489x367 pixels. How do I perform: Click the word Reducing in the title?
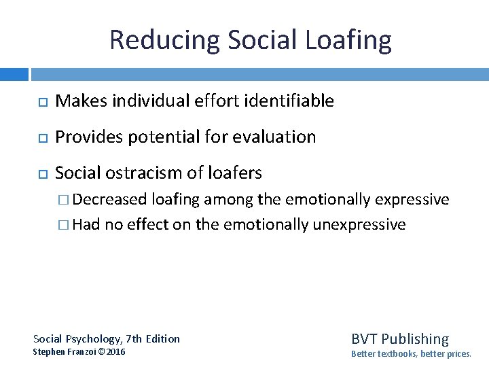(164, 40)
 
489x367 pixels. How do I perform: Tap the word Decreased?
(109, 200)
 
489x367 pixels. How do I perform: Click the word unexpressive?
(359, 225)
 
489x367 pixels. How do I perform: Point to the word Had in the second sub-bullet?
(86, 225)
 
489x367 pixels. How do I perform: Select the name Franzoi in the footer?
(82, 352)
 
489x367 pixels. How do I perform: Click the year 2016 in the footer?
(117, 352)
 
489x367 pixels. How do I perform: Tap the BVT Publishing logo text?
(399, 338)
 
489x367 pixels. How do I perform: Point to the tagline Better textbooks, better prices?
(410, 354)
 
